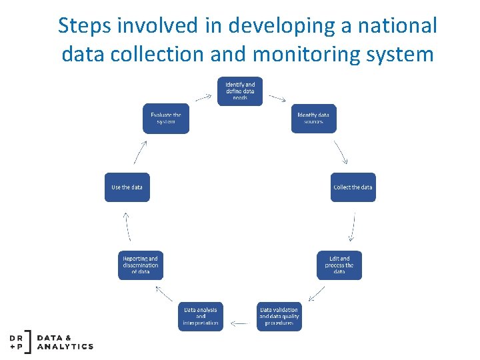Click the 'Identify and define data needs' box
(240, 91)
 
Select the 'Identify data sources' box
(313, 118)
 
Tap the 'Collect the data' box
(353, 187)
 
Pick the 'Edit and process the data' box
(339, 265)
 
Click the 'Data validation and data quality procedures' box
(279, 317)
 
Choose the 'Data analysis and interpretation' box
(201, 317)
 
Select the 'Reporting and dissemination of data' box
(140, 265)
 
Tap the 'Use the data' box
(127, 187)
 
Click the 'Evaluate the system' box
(165, 118)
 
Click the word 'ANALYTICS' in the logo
(65, 347)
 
